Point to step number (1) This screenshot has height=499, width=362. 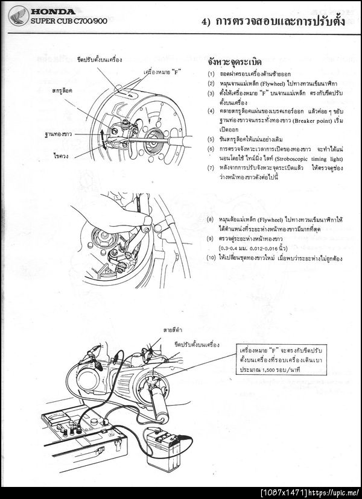(x=210, y=74)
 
